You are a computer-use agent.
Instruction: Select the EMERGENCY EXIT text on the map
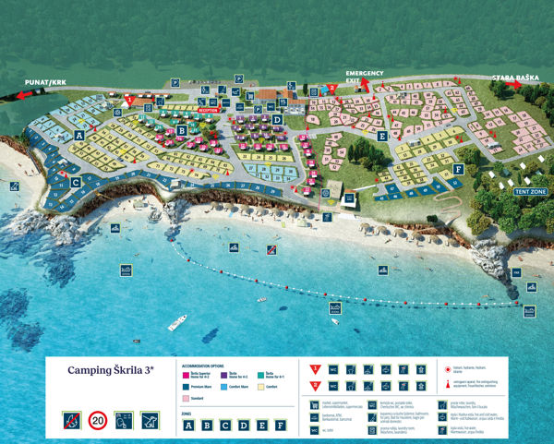click(x=365, y=76)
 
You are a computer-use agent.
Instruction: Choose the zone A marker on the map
click(x=79, y=135)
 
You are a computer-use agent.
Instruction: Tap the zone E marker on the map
click(x=382, y=136)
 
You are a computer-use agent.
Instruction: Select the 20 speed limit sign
click(x=97, y=420)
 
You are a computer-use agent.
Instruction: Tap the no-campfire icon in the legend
click(x=70, y=420)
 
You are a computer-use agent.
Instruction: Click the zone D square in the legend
click(x=243, y=426)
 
